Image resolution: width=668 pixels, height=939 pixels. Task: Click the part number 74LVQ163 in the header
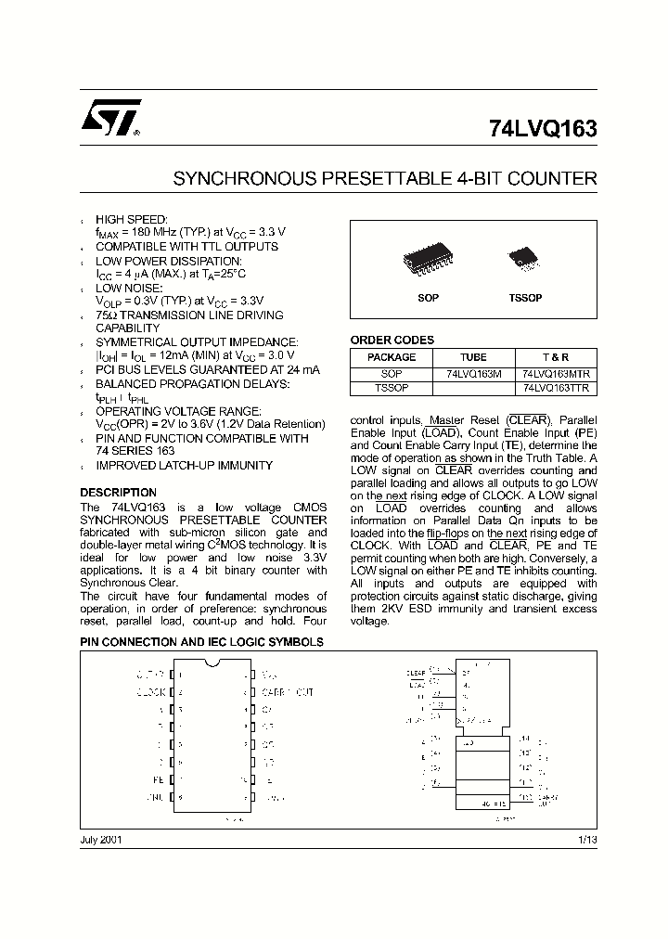pyautogui.click(x=542, y=130)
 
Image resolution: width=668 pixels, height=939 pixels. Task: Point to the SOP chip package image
pyautogui.click(x=428, y=262)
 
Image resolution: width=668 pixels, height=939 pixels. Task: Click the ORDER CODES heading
pyautogui.click(x=392, y=341)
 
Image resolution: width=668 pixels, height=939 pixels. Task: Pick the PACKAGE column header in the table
pyautogui.click(x=392, y=357)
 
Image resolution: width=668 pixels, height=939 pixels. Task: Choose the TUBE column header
pyautogui.click(x=473, y=357)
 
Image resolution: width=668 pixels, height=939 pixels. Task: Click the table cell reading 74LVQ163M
pyautogui.click(x=473, y=373)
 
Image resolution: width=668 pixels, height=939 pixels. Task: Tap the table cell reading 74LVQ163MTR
pyautogui.click(x=556, y=373)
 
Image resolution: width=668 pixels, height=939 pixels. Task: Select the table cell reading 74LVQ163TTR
pyautogui.click(x=556, y=389)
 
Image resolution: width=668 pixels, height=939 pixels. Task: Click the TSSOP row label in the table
pyautogui.click(x=392, y=389)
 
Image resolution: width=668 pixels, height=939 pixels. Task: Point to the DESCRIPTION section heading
pyautogui.click(x=118, y=493)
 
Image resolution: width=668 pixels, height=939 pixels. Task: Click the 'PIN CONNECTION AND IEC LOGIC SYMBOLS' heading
pyautogui.click(x=201, y=642)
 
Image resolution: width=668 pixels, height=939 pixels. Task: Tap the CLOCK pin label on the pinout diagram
pyautogui.click(x=150, y=692)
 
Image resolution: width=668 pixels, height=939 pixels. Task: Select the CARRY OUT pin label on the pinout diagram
pyautogui.click(x=288, y=692)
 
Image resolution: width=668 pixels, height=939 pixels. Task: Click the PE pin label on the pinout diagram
pyautogui.click(x=158, y=779)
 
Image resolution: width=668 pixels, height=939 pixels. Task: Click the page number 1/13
pyautogui.click(x=587, y=839)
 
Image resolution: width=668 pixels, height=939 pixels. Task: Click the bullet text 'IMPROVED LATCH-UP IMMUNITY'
pyautogui.click(x=185, y=466)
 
